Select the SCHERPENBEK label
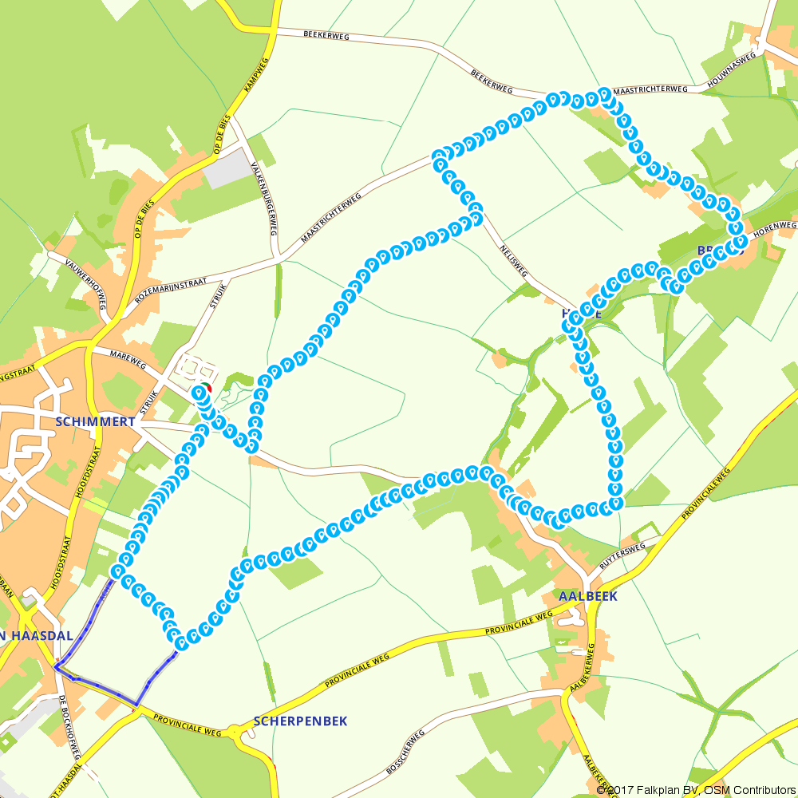click(300, 721)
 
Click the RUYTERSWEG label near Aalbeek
click(622, 559)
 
